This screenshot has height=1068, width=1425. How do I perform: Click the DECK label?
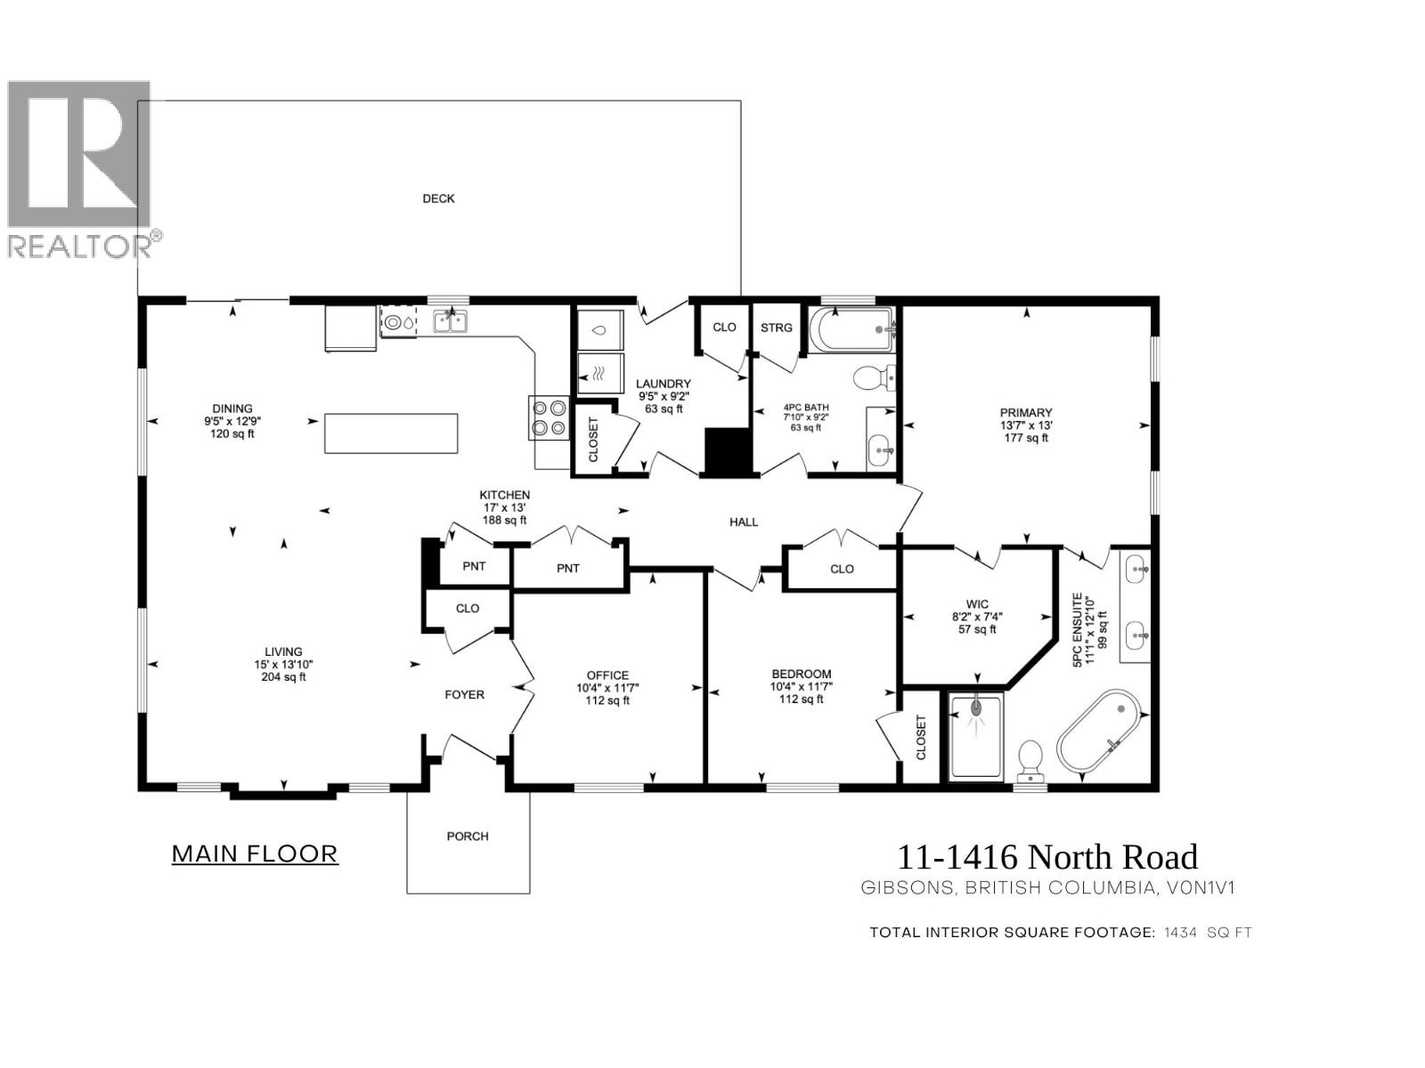click(438, 198)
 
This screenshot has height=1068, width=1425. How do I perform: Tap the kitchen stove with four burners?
click(548, 418)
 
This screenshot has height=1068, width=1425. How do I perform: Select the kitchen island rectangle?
click(391, 433)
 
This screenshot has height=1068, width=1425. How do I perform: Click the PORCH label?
click(468, 836)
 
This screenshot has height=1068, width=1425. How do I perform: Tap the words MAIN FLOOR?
click(255, 854)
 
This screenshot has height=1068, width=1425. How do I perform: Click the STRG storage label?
click(776, 328)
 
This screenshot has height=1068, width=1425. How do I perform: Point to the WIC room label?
click(976, 604)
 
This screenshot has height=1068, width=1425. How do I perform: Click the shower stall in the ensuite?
click(976, 735)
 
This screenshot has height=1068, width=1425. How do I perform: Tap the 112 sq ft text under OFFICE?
click(607, 700)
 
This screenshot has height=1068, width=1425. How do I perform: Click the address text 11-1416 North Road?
click(1046, 857)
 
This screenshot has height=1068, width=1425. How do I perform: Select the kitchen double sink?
click(451, 321)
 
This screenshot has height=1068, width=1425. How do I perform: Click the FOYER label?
click(464, 694)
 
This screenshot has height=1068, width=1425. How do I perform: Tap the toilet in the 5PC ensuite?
click(1031, 757)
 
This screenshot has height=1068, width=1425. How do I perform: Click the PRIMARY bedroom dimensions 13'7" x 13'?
click(1026, 425)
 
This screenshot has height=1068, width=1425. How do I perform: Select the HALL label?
click(744, 522)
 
